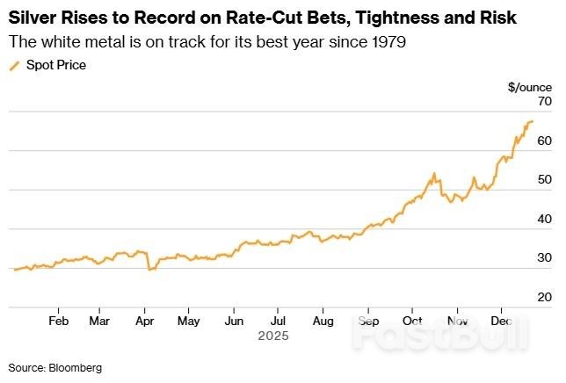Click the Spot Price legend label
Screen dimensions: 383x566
(56, 66)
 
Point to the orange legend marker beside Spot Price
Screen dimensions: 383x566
(14, 66)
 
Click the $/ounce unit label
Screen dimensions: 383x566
(530, 87)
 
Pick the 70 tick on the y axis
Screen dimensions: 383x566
(544, 102)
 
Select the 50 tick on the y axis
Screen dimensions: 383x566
(544, 180)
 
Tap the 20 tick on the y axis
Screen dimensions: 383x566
(544, 298)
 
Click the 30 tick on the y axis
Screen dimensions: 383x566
(544, 258)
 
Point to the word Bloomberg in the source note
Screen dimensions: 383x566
(76, 368)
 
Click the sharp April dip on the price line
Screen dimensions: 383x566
(149, 270)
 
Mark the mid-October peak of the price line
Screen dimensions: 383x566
(434, 174)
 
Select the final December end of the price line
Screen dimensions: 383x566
(533, 121)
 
